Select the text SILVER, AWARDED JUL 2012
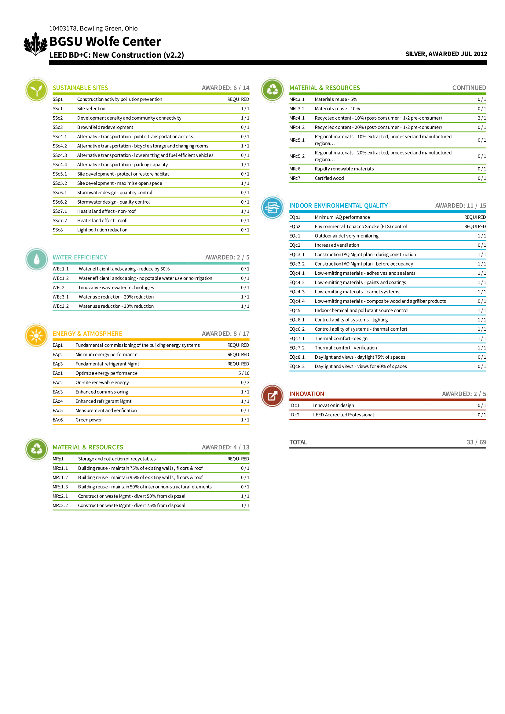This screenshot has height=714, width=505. pos(446,54)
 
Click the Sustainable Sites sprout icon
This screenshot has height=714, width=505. pos(36,90)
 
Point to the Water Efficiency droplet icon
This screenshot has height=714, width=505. pos(36,259)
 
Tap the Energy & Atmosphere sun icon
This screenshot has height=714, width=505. pos(36,335)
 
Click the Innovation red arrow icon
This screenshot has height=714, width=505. pos(272,396)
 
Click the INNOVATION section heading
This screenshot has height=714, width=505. pos(306,394)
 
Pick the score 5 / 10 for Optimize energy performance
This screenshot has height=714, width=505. pos(243,373)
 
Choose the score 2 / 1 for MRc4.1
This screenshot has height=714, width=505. pos(482,118)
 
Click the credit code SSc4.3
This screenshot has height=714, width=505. pos(60,155)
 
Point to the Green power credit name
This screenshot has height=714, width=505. pos(89,420)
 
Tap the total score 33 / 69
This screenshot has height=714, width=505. pos(476,442)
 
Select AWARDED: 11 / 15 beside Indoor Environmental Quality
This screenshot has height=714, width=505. pos(460,205)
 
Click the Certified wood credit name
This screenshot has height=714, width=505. pos(329,178)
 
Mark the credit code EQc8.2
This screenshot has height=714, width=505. pos(297,366)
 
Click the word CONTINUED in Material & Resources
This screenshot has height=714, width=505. pos(469,88)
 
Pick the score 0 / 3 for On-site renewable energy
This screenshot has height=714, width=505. pos(245,382)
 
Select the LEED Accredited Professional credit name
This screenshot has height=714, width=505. pos(343,415)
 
